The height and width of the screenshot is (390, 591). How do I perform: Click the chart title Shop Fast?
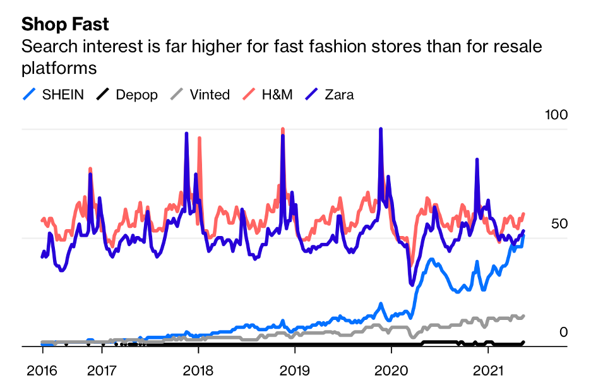(65, 25)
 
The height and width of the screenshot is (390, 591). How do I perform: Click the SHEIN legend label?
(63, 95)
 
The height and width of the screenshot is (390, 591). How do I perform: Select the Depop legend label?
(136, 95)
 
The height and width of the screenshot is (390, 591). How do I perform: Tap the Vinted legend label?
(209, 95)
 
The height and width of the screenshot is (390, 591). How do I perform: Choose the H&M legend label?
(278, 95)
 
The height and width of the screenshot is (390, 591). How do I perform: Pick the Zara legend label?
(339, 95)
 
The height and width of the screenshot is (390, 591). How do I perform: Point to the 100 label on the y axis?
(556, 115)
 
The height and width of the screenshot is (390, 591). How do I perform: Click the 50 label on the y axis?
(559, 224)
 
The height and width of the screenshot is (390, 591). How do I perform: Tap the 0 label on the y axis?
(564, 333)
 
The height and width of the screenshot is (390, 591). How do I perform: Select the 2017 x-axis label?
(102, 369)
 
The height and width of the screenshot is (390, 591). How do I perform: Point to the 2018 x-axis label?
(198, 369)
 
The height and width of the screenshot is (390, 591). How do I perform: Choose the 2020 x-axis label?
(391, 369)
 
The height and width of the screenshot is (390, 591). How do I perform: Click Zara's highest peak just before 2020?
(380, 129)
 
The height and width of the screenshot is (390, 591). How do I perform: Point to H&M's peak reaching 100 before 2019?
(282, 130)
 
